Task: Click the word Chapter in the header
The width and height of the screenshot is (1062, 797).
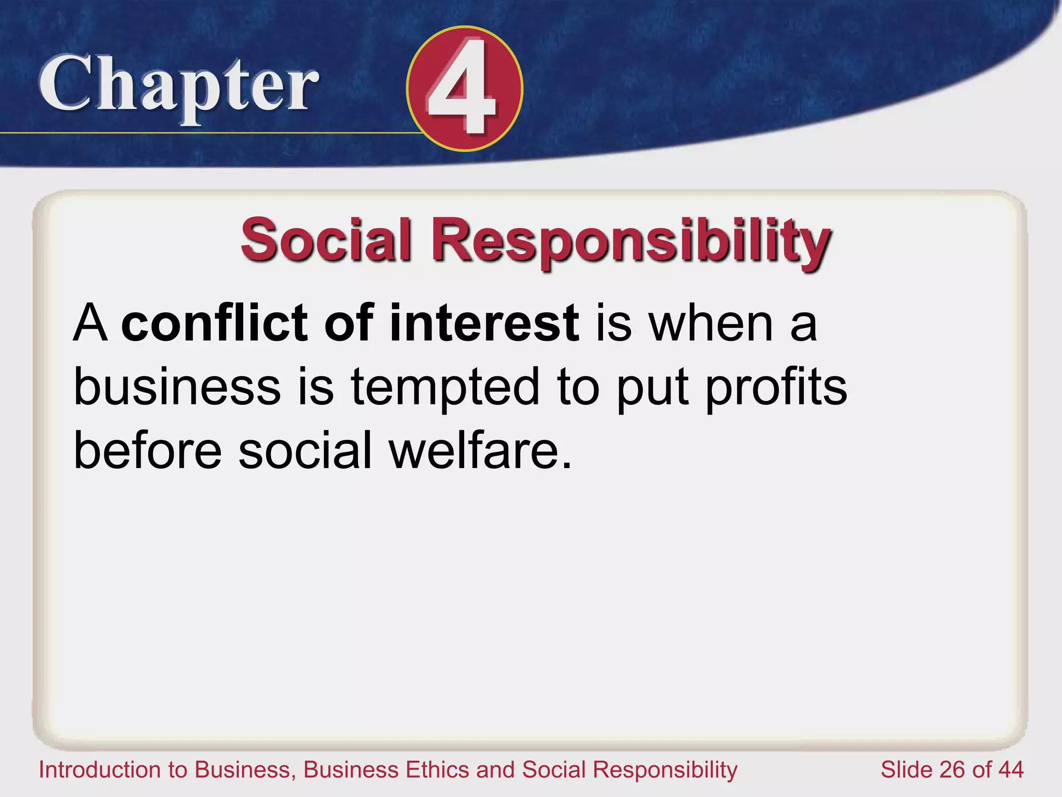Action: [179, 86]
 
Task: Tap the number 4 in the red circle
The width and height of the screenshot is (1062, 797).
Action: [463, 88]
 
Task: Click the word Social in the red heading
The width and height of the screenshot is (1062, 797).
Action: [326, 240]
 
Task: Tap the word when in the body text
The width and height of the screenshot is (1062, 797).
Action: [711, 323]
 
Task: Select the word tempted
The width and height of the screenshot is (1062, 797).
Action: [445, 388]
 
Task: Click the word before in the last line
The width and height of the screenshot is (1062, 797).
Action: [148, 450]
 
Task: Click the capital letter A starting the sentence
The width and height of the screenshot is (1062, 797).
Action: [91, 323]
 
